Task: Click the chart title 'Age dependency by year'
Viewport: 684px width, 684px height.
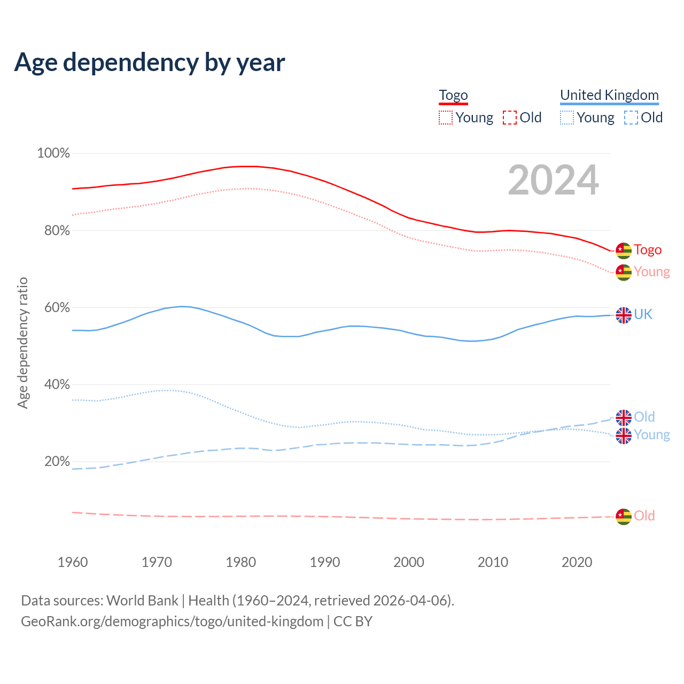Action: click(x=150, y=63)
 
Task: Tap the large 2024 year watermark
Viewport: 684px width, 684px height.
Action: click(x=553, y=180)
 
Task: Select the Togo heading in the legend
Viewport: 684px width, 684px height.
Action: click(x=453, y=95)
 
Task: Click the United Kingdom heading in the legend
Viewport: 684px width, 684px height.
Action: click(x=609, y=95)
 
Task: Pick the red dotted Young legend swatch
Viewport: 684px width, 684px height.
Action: click(x=445, y=118)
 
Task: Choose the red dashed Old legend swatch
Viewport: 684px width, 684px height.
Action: click(x=510, y=118)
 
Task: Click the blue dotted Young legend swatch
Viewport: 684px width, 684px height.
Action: click(x=567, y=118)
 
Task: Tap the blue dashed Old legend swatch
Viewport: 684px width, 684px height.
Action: click(x=631, y=118)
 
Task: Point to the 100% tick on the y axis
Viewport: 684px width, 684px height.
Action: click(x=53, y=153)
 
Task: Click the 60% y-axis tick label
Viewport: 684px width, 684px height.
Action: click(x=53, y=307)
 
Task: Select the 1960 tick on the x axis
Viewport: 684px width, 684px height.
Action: click(x=73, y=562)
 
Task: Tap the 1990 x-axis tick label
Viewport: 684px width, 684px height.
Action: click(x=325, y=562)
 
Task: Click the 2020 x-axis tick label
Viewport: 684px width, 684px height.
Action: click(x=577, y=562)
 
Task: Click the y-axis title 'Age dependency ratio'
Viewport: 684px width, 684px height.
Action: click(x=22, y=343)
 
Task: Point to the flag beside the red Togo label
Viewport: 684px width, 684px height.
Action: click(x=624, y=250)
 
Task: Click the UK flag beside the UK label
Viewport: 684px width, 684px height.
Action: click(x=624, y=315)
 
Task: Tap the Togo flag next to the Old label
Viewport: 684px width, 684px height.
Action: click(x=624, y=516)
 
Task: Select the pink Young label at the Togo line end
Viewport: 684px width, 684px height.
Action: click(x=652, y=272)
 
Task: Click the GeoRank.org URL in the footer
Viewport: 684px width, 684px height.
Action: click(x=172, y=621)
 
